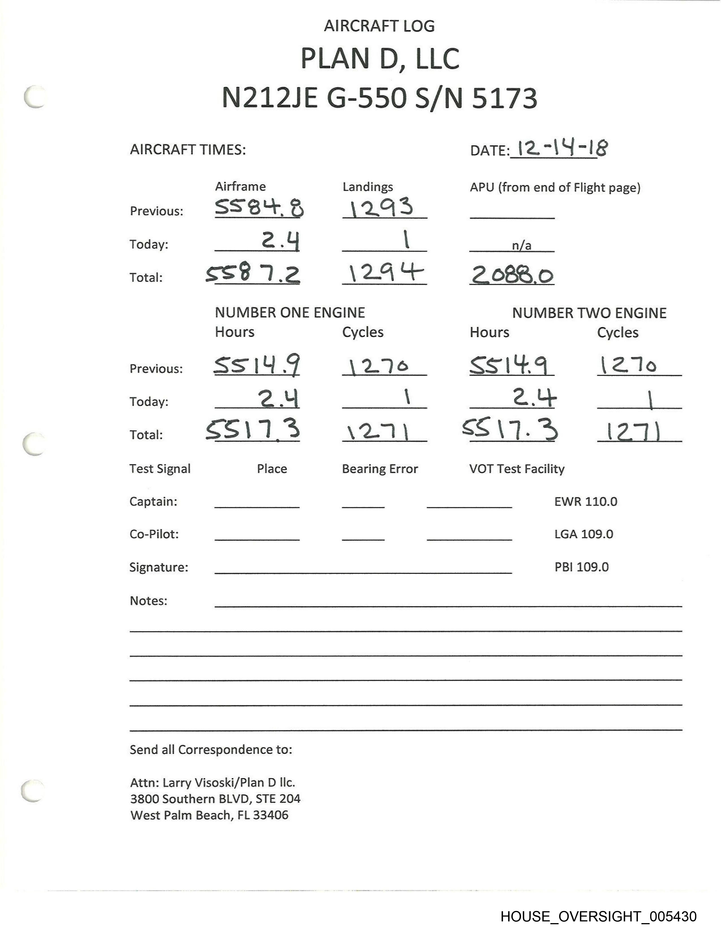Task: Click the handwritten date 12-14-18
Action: coord(562,149)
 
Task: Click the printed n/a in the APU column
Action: coord(522,246)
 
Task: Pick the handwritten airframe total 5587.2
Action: coord(253,274)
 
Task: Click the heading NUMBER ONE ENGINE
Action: coord(290,313)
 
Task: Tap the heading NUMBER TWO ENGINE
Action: coord(589,313)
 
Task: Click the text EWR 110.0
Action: coord(586,502)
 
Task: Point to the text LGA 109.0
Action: coord(584,534)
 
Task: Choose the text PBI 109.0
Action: coord(581,567)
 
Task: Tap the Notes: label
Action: coord(148,601)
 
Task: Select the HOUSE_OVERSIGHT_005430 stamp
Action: coord(598,916)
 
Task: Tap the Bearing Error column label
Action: coord(380,469)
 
